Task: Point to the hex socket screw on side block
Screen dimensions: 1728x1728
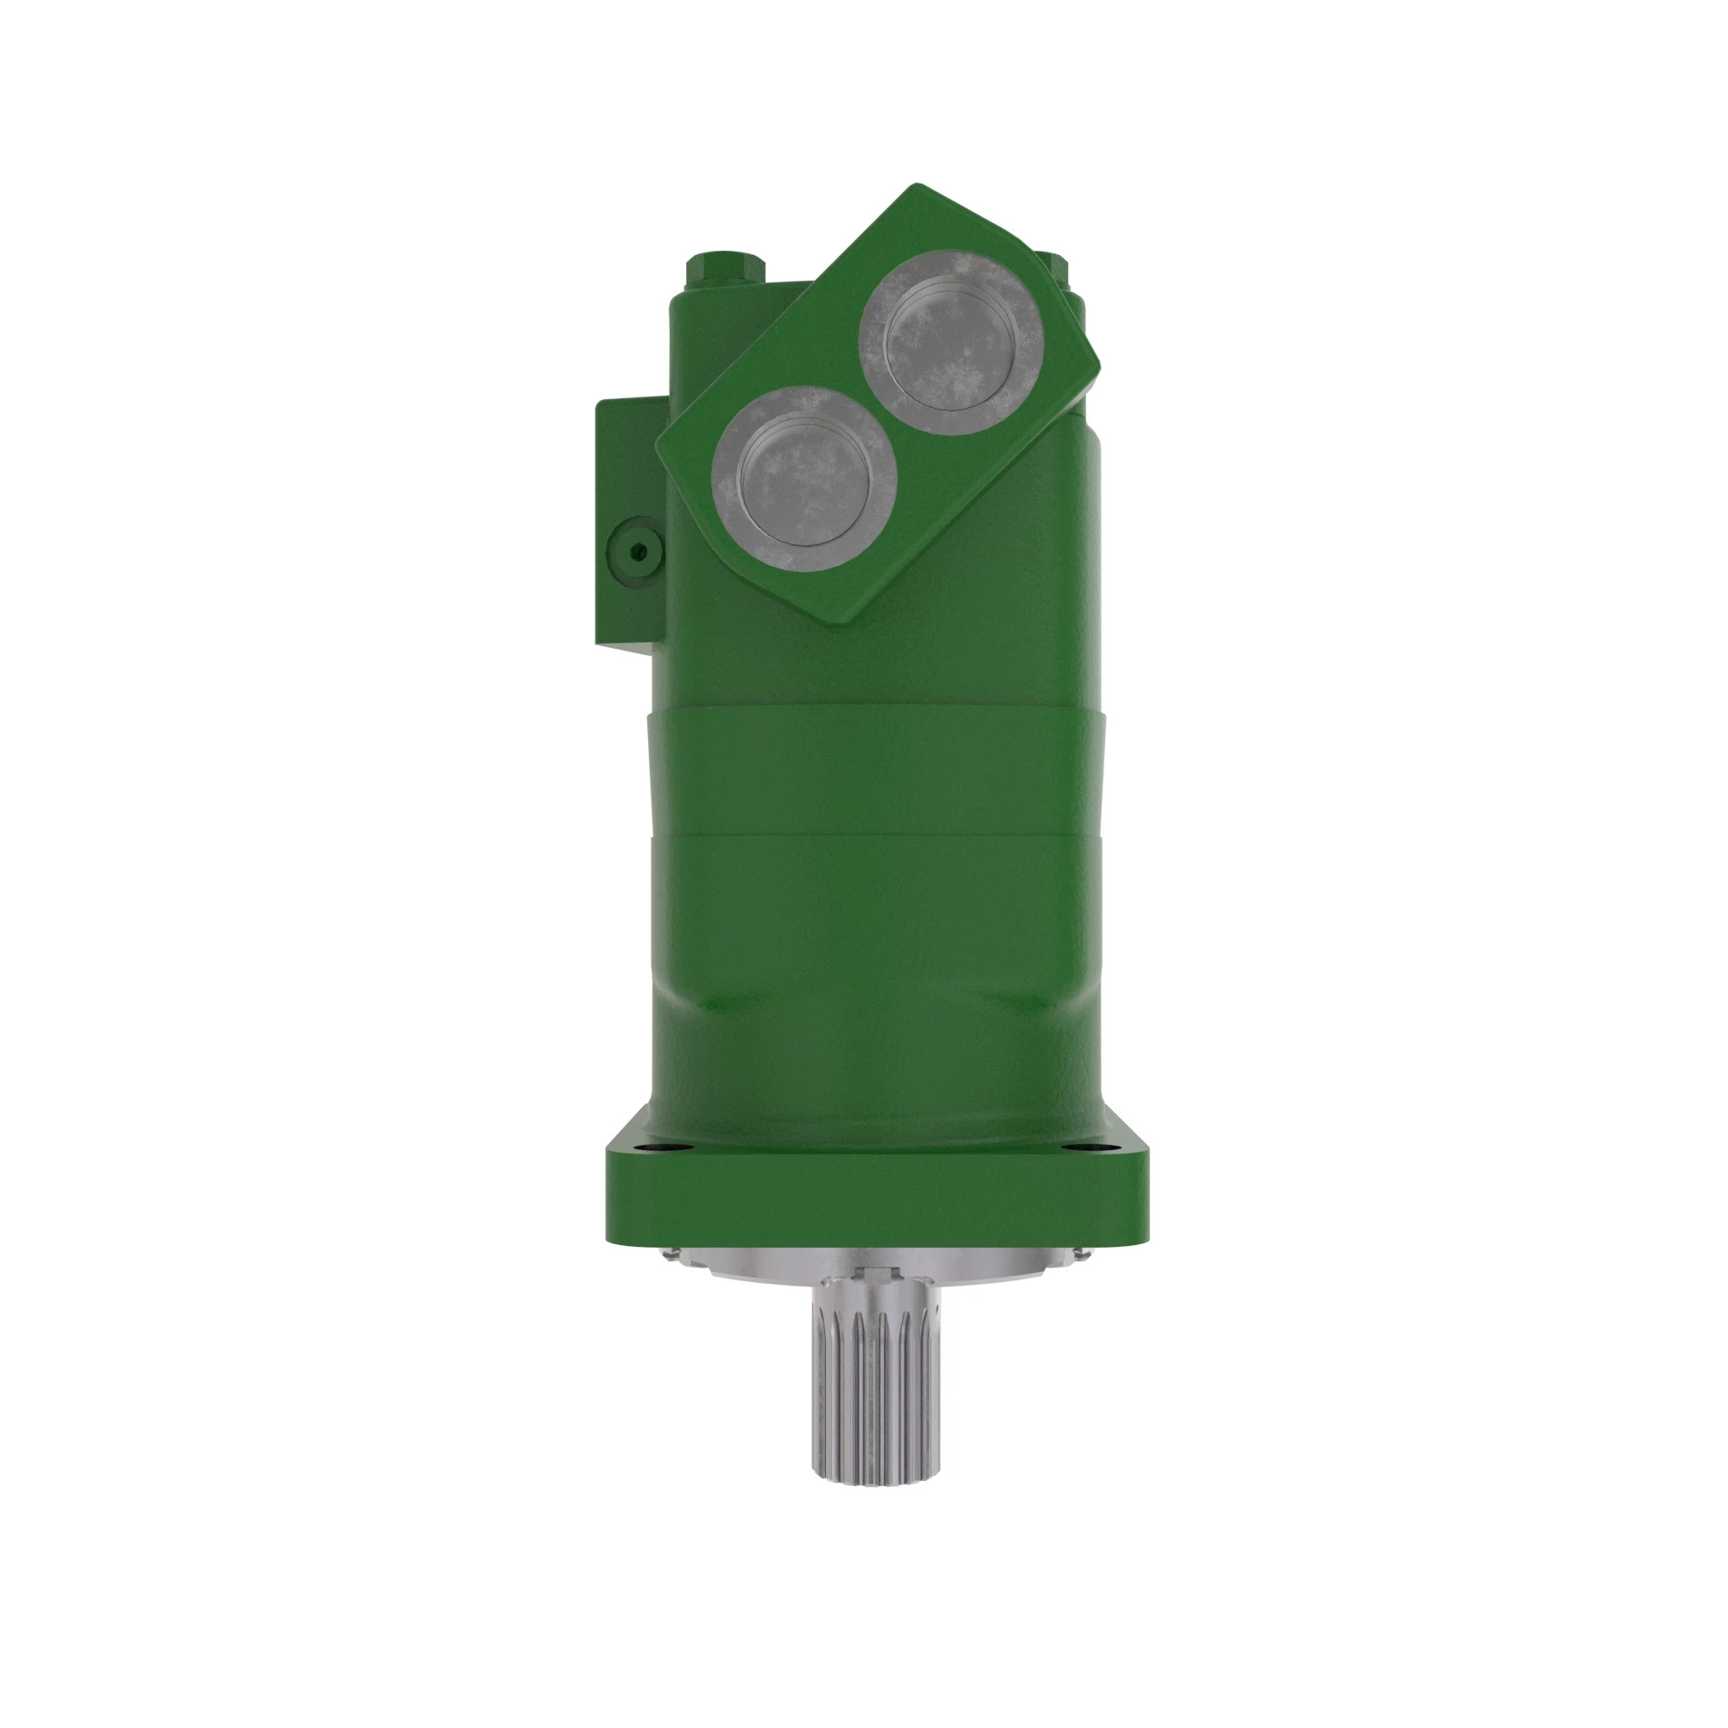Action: click(635, 551)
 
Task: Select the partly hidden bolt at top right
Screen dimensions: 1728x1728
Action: click(1060, 264)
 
